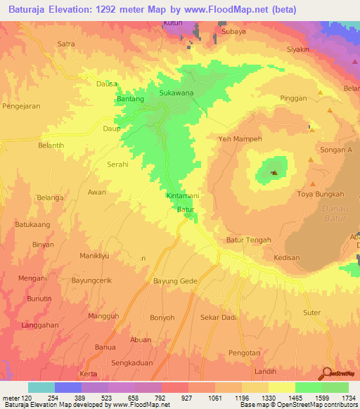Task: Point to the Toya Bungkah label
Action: coord(321,194)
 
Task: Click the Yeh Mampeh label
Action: coord(240,139)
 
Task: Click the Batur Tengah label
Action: coord(248,240)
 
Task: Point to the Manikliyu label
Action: coord(96,256)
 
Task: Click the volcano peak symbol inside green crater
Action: coord(274,172)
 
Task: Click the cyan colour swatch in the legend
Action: coord(41,387)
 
